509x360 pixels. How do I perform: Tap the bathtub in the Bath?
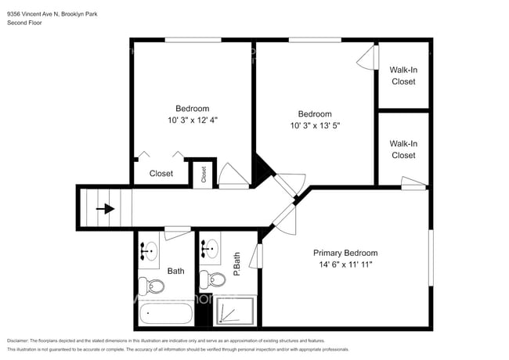click(x=165, y=315)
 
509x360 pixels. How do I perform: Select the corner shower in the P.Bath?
click(x=236, y=311)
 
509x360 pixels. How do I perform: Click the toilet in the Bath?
click(x=146, y=284)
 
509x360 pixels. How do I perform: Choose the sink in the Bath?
click(x=149, y=250)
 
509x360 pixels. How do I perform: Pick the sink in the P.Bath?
click(x=210, y=250)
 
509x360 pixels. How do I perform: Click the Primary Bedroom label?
click(x=345, y=253)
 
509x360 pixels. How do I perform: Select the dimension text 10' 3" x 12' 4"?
click(x=192, y=121)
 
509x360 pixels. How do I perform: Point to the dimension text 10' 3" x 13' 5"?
click(x=315, y=125)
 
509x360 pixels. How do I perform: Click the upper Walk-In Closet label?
click(x=403, y=76)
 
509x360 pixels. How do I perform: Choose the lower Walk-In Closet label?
click(x=403, y=149)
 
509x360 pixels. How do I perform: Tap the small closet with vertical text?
click(x=204, y=174)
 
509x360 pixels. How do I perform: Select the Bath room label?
click(x=175, y=271)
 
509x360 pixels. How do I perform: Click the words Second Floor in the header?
click(x=24, y=23)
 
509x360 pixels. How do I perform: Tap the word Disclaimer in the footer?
click(x=17, y=340)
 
